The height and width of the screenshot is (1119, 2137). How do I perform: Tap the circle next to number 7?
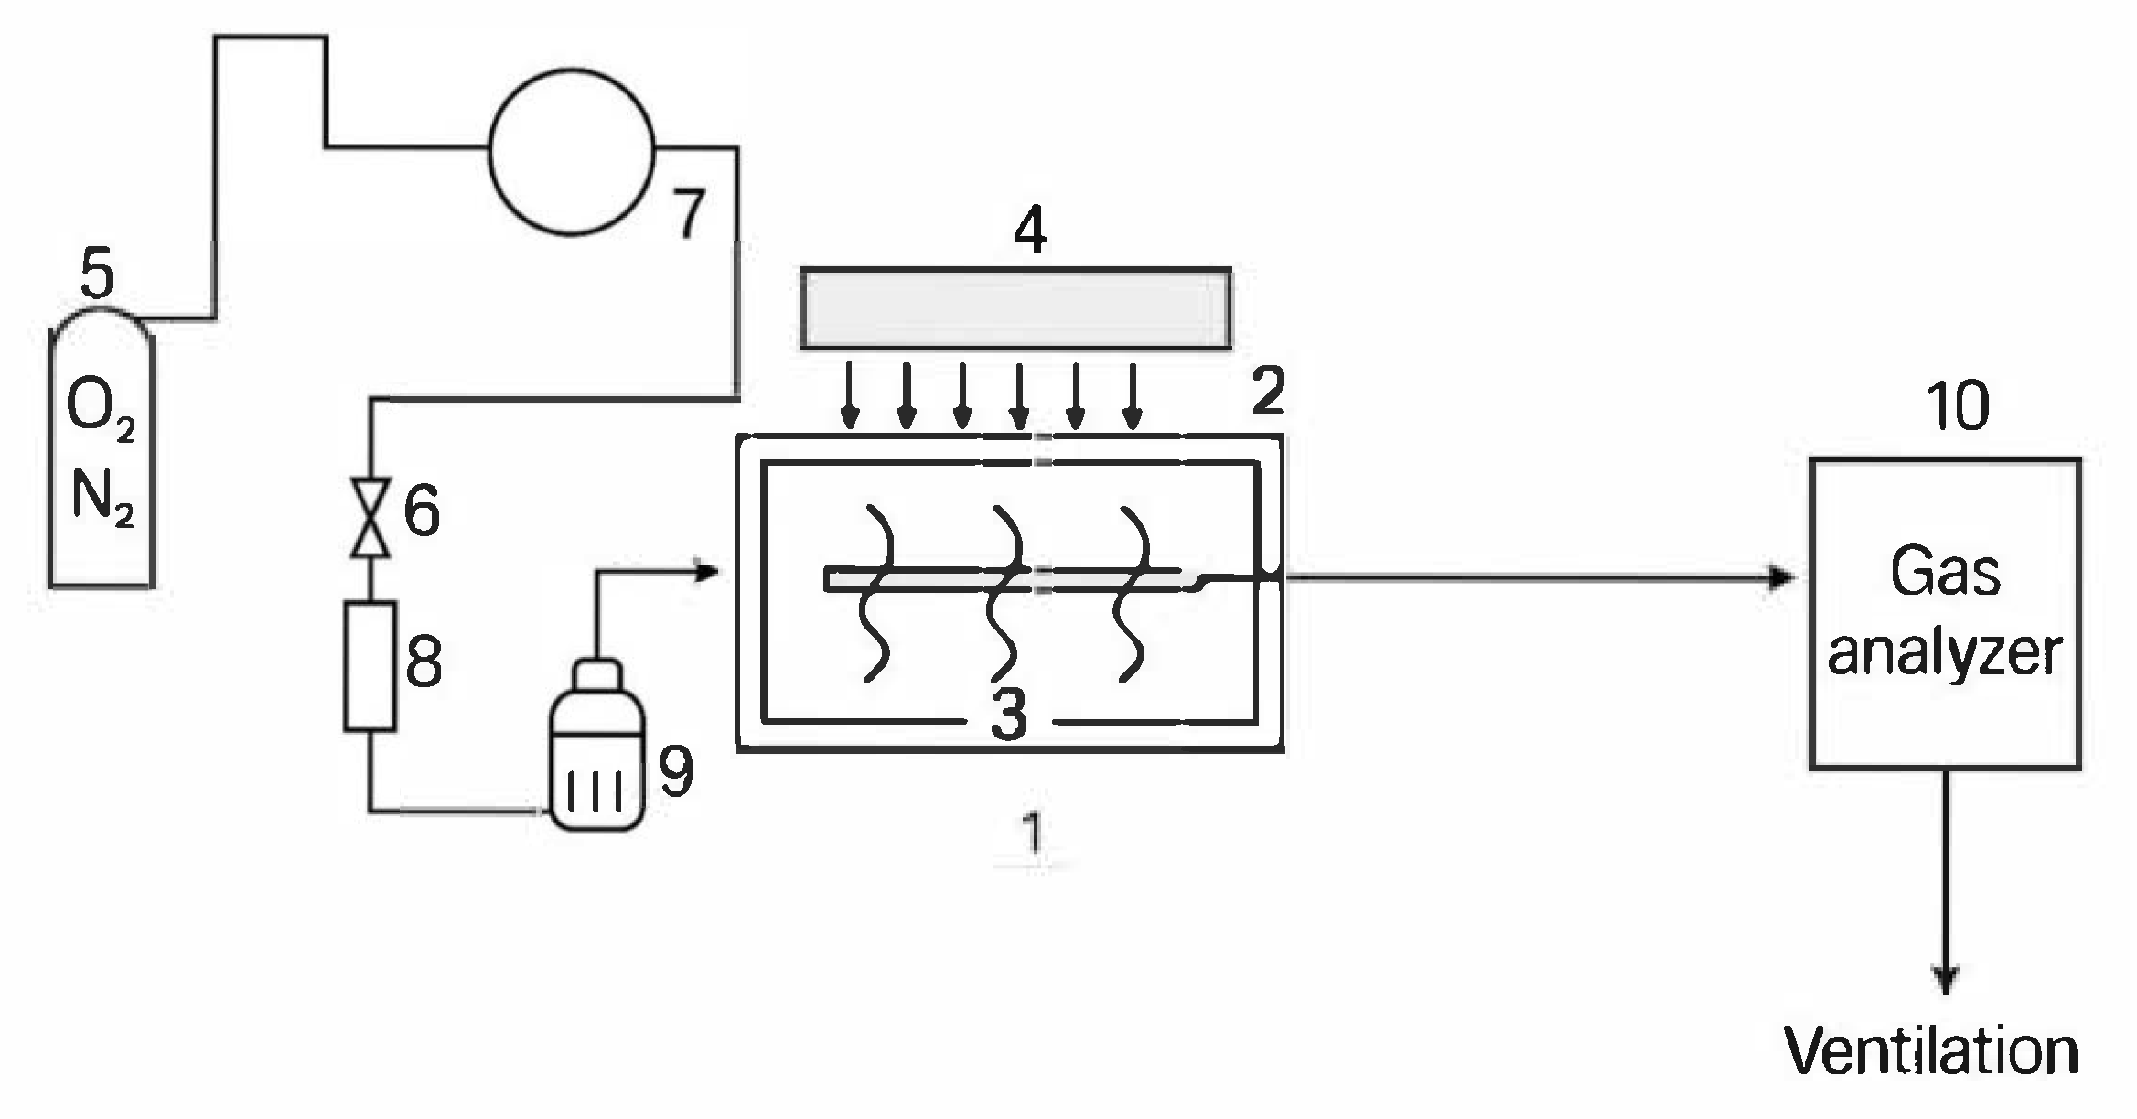[x=572, y=153]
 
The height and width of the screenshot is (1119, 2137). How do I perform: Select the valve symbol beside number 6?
[x=370, y=516]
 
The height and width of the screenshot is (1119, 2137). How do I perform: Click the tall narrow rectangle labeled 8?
[x=370, y=666]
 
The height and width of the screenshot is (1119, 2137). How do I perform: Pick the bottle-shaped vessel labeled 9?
[x=596, y=759]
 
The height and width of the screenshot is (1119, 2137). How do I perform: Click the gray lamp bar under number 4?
[x=1015, y=308]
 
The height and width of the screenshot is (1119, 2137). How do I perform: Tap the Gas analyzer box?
[x=1946, y=613]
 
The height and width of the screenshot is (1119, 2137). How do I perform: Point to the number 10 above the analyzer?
[x=1958, y=406]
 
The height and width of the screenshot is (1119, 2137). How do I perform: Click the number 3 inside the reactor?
[x=1009, y=715]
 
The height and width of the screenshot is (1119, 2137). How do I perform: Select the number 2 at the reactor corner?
[x=1268, y=392]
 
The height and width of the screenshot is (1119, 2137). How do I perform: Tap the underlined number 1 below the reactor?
[x=1032, y=833]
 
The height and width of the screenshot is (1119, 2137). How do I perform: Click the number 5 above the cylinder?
[x=97, y=273]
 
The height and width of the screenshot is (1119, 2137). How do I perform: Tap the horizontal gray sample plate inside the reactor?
[x=1006, y=580]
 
